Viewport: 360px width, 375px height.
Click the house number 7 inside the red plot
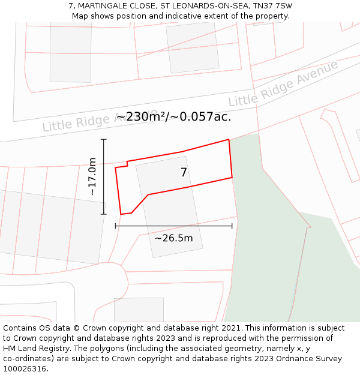(x=184, y=173)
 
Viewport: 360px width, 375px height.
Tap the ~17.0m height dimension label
(x=92, y=176)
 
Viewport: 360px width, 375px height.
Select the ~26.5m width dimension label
(x=173, y=238)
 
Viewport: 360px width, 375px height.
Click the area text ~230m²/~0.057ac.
(x=173, y=116)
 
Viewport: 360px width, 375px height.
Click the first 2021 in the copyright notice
(x=231, y=328)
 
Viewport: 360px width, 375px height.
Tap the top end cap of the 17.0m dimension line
(x=104, y=140)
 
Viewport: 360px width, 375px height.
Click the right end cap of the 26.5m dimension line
(x=232, y=226)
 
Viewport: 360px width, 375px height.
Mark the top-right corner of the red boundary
(x=229, y=140)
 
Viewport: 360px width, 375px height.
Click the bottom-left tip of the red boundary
(x=121, y=214)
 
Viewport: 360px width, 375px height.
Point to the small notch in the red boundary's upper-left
(x=127, y=163)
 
